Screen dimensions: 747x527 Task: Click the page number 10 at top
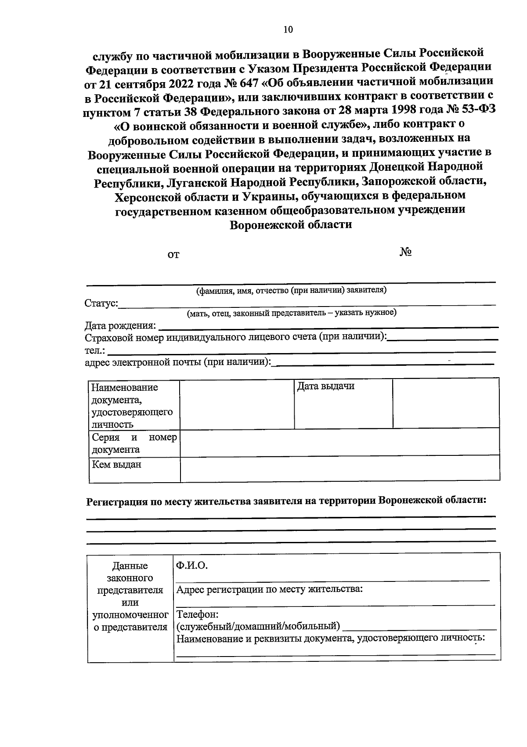point(288,30)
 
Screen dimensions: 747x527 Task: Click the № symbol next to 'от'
point(405,252)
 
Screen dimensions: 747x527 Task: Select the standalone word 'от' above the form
point(173,254)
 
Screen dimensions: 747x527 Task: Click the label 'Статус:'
point(101,303)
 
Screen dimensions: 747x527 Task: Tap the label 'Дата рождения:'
point(120,326)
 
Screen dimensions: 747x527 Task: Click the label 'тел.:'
point(94,350)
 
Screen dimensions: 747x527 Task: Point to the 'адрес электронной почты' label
point(177,362)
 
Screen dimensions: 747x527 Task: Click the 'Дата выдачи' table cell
point(325,386)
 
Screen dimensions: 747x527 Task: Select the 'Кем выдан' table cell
point(116,464)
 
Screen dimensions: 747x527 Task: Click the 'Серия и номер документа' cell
point(134,443)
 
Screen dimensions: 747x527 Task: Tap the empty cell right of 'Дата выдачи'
point(445,403)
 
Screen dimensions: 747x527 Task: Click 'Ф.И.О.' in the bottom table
point(191,566)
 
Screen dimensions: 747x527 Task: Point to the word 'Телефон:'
point(197,614)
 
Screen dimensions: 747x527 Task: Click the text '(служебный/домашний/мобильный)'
point(258,626)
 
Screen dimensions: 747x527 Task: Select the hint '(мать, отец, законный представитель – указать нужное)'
point(291,313)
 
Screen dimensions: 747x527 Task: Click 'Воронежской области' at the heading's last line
point(291,225)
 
